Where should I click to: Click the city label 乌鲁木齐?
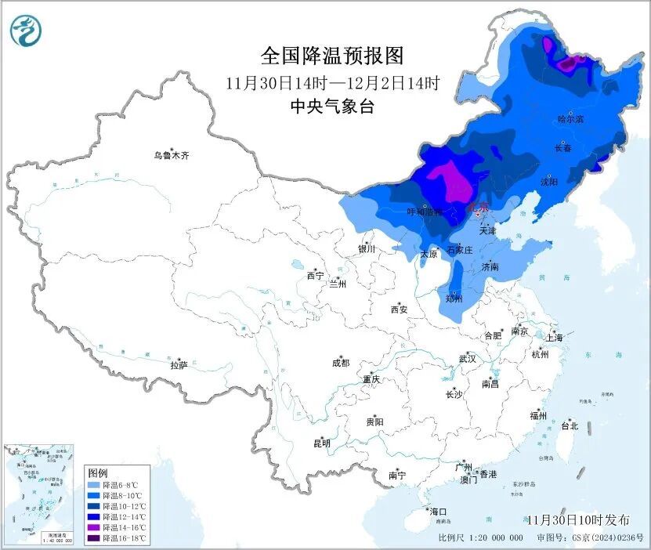click(x=172, y=156)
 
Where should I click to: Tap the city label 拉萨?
click(x=179, y=364)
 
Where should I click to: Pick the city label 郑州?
click(x=453, y=299)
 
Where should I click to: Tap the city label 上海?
click(x=555, y=338)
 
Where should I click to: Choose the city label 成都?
click(x=341, y=363)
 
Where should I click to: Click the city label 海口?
click(x=438, y=511)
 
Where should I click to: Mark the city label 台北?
click(x=570, y=426)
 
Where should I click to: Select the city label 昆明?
click(x=322, y=443)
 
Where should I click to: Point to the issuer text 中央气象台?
click(x=331, y=107)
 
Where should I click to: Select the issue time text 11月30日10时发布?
click(x=577, y=519)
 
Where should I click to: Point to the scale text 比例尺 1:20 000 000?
click(x=480, y=538)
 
